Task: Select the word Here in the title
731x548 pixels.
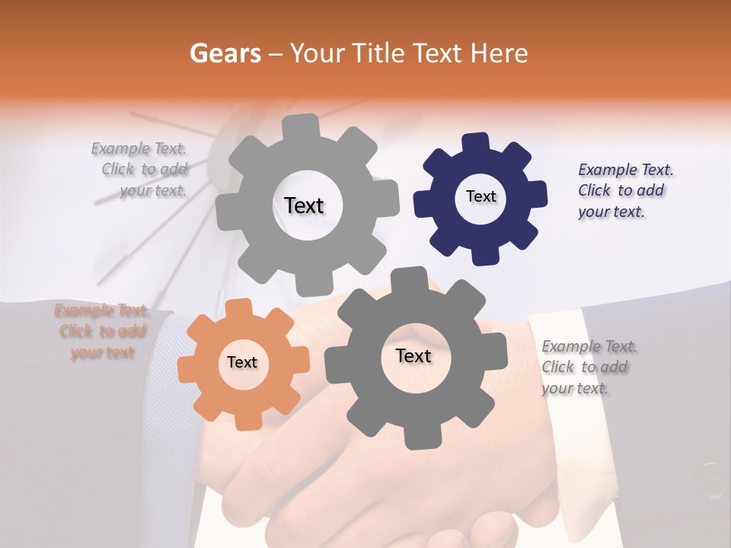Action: coord(499,53)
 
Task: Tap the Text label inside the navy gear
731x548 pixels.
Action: coord(480,196)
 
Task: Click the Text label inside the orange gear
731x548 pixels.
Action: coord(242,363)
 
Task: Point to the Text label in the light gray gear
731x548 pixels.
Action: coord(304,205)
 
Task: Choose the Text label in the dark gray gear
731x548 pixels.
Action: coord(413,356)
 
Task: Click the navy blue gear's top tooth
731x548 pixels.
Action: coord(477,143)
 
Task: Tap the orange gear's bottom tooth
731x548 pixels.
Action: coord(245,420)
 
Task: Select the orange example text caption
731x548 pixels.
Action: coord(102,332)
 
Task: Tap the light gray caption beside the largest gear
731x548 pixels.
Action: coord(140,170)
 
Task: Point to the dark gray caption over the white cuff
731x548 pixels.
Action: coord(590,368)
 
